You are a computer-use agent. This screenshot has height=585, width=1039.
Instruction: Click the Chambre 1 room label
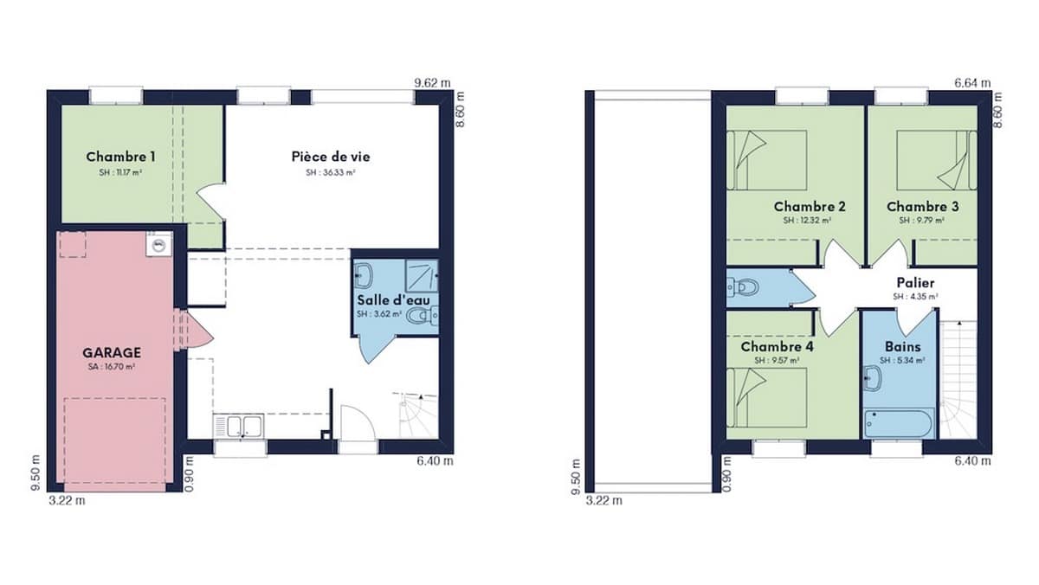pos(120,157)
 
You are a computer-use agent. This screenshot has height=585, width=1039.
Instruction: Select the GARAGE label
pos(112,353)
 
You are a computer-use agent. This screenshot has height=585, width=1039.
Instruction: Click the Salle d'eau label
pos(394,300)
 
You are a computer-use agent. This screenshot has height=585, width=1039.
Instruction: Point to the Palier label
pos(916,283)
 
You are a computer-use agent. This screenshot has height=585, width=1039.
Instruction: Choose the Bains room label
pos(899,346)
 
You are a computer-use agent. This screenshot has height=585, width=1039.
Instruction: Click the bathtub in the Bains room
pos(899,424)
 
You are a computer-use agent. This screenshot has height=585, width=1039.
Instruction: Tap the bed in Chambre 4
pos(767,397)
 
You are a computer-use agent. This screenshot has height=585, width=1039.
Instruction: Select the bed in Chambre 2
pos(767,159)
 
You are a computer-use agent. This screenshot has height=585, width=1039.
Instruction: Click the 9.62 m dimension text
pos(433,83)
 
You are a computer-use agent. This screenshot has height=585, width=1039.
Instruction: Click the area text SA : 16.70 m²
pos(112,367)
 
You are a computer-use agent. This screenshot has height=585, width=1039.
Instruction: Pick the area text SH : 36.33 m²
pos(331,172)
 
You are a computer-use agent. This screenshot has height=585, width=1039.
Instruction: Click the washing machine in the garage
pos(158,244)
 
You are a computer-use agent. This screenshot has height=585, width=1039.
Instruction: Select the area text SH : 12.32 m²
pos(809,221)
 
